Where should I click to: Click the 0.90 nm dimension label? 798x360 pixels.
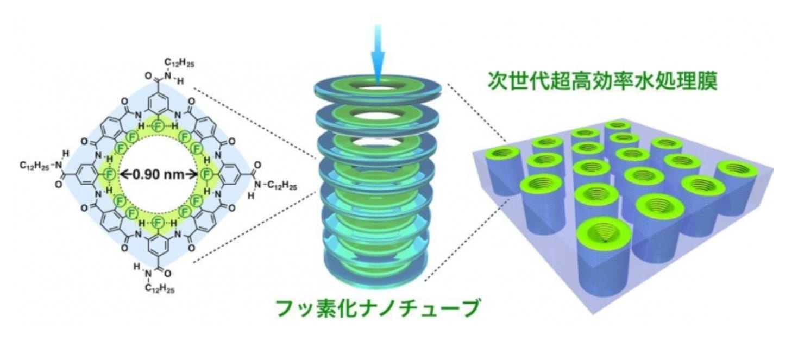click(x=159, y=174)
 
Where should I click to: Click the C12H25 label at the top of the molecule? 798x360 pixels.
click(x=179, y=64)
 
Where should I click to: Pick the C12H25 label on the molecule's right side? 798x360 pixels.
click(x=282, y=186)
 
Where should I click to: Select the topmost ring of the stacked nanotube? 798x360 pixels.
click(x=377, y=87)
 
